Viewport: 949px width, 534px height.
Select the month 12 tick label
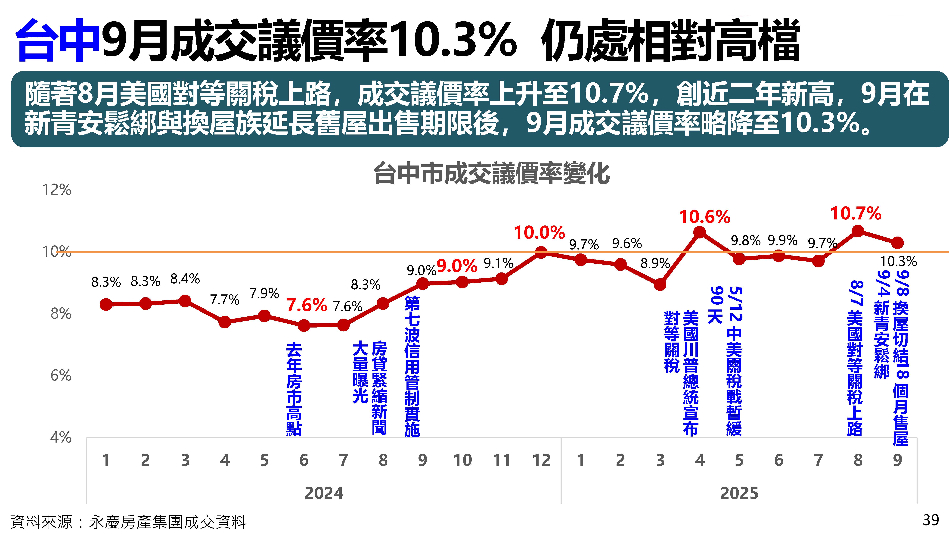click(x=541, y=460)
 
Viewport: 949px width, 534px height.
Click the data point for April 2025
click(x=699, y=232)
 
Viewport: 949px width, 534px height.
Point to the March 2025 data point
click(x=660, y=284)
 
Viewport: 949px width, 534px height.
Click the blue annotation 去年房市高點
click(x=294, y=389)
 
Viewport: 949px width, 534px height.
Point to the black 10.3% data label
click(x=898, y=261)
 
